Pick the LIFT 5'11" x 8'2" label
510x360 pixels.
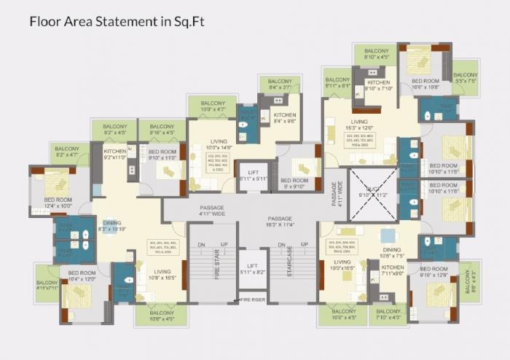point(253,269)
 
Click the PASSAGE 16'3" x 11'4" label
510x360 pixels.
point(279,222)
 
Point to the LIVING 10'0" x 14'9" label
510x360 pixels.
point(219,144)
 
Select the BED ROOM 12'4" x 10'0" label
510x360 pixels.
point(58,203)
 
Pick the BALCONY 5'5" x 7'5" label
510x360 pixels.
point(466,78)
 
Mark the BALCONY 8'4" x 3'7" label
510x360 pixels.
point(280,84)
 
